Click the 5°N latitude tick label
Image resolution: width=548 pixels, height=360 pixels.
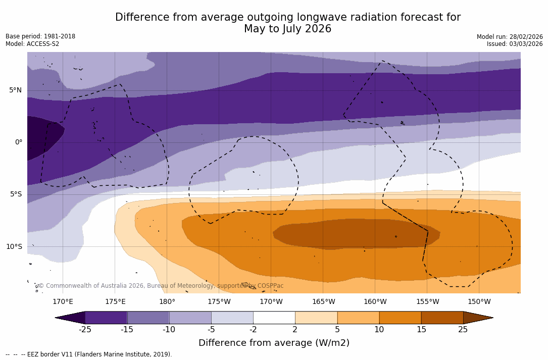(15, 90)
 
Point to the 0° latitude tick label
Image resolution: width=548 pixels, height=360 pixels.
(18, 142)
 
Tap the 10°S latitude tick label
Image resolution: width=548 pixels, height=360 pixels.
(14, 247)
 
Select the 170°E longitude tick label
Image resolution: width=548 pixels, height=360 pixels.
(63, 302)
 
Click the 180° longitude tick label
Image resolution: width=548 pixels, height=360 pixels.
(167, 302)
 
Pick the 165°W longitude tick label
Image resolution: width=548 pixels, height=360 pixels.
(323, 302)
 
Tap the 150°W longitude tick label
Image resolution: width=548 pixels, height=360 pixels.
(479, 302)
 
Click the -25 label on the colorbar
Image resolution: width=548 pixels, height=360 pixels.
(85, 330)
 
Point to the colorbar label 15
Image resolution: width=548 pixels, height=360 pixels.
(421, 330)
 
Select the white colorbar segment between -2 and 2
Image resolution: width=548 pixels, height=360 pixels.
(274, 318)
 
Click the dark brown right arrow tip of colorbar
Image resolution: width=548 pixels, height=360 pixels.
(477, 318)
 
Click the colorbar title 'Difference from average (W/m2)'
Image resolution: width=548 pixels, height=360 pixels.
(274, 343)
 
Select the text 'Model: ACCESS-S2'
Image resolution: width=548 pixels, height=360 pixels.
(32, 44)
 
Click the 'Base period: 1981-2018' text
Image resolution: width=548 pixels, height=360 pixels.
(40, 36)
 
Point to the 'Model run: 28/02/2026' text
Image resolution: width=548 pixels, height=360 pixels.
(510, 37)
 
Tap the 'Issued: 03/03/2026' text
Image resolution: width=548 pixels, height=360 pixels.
(515, 44)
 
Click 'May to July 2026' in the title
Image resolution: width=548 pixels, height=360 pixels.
(287, 29)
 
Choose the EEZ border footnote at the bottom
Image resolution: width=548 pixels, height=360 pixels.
(89, 354)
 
